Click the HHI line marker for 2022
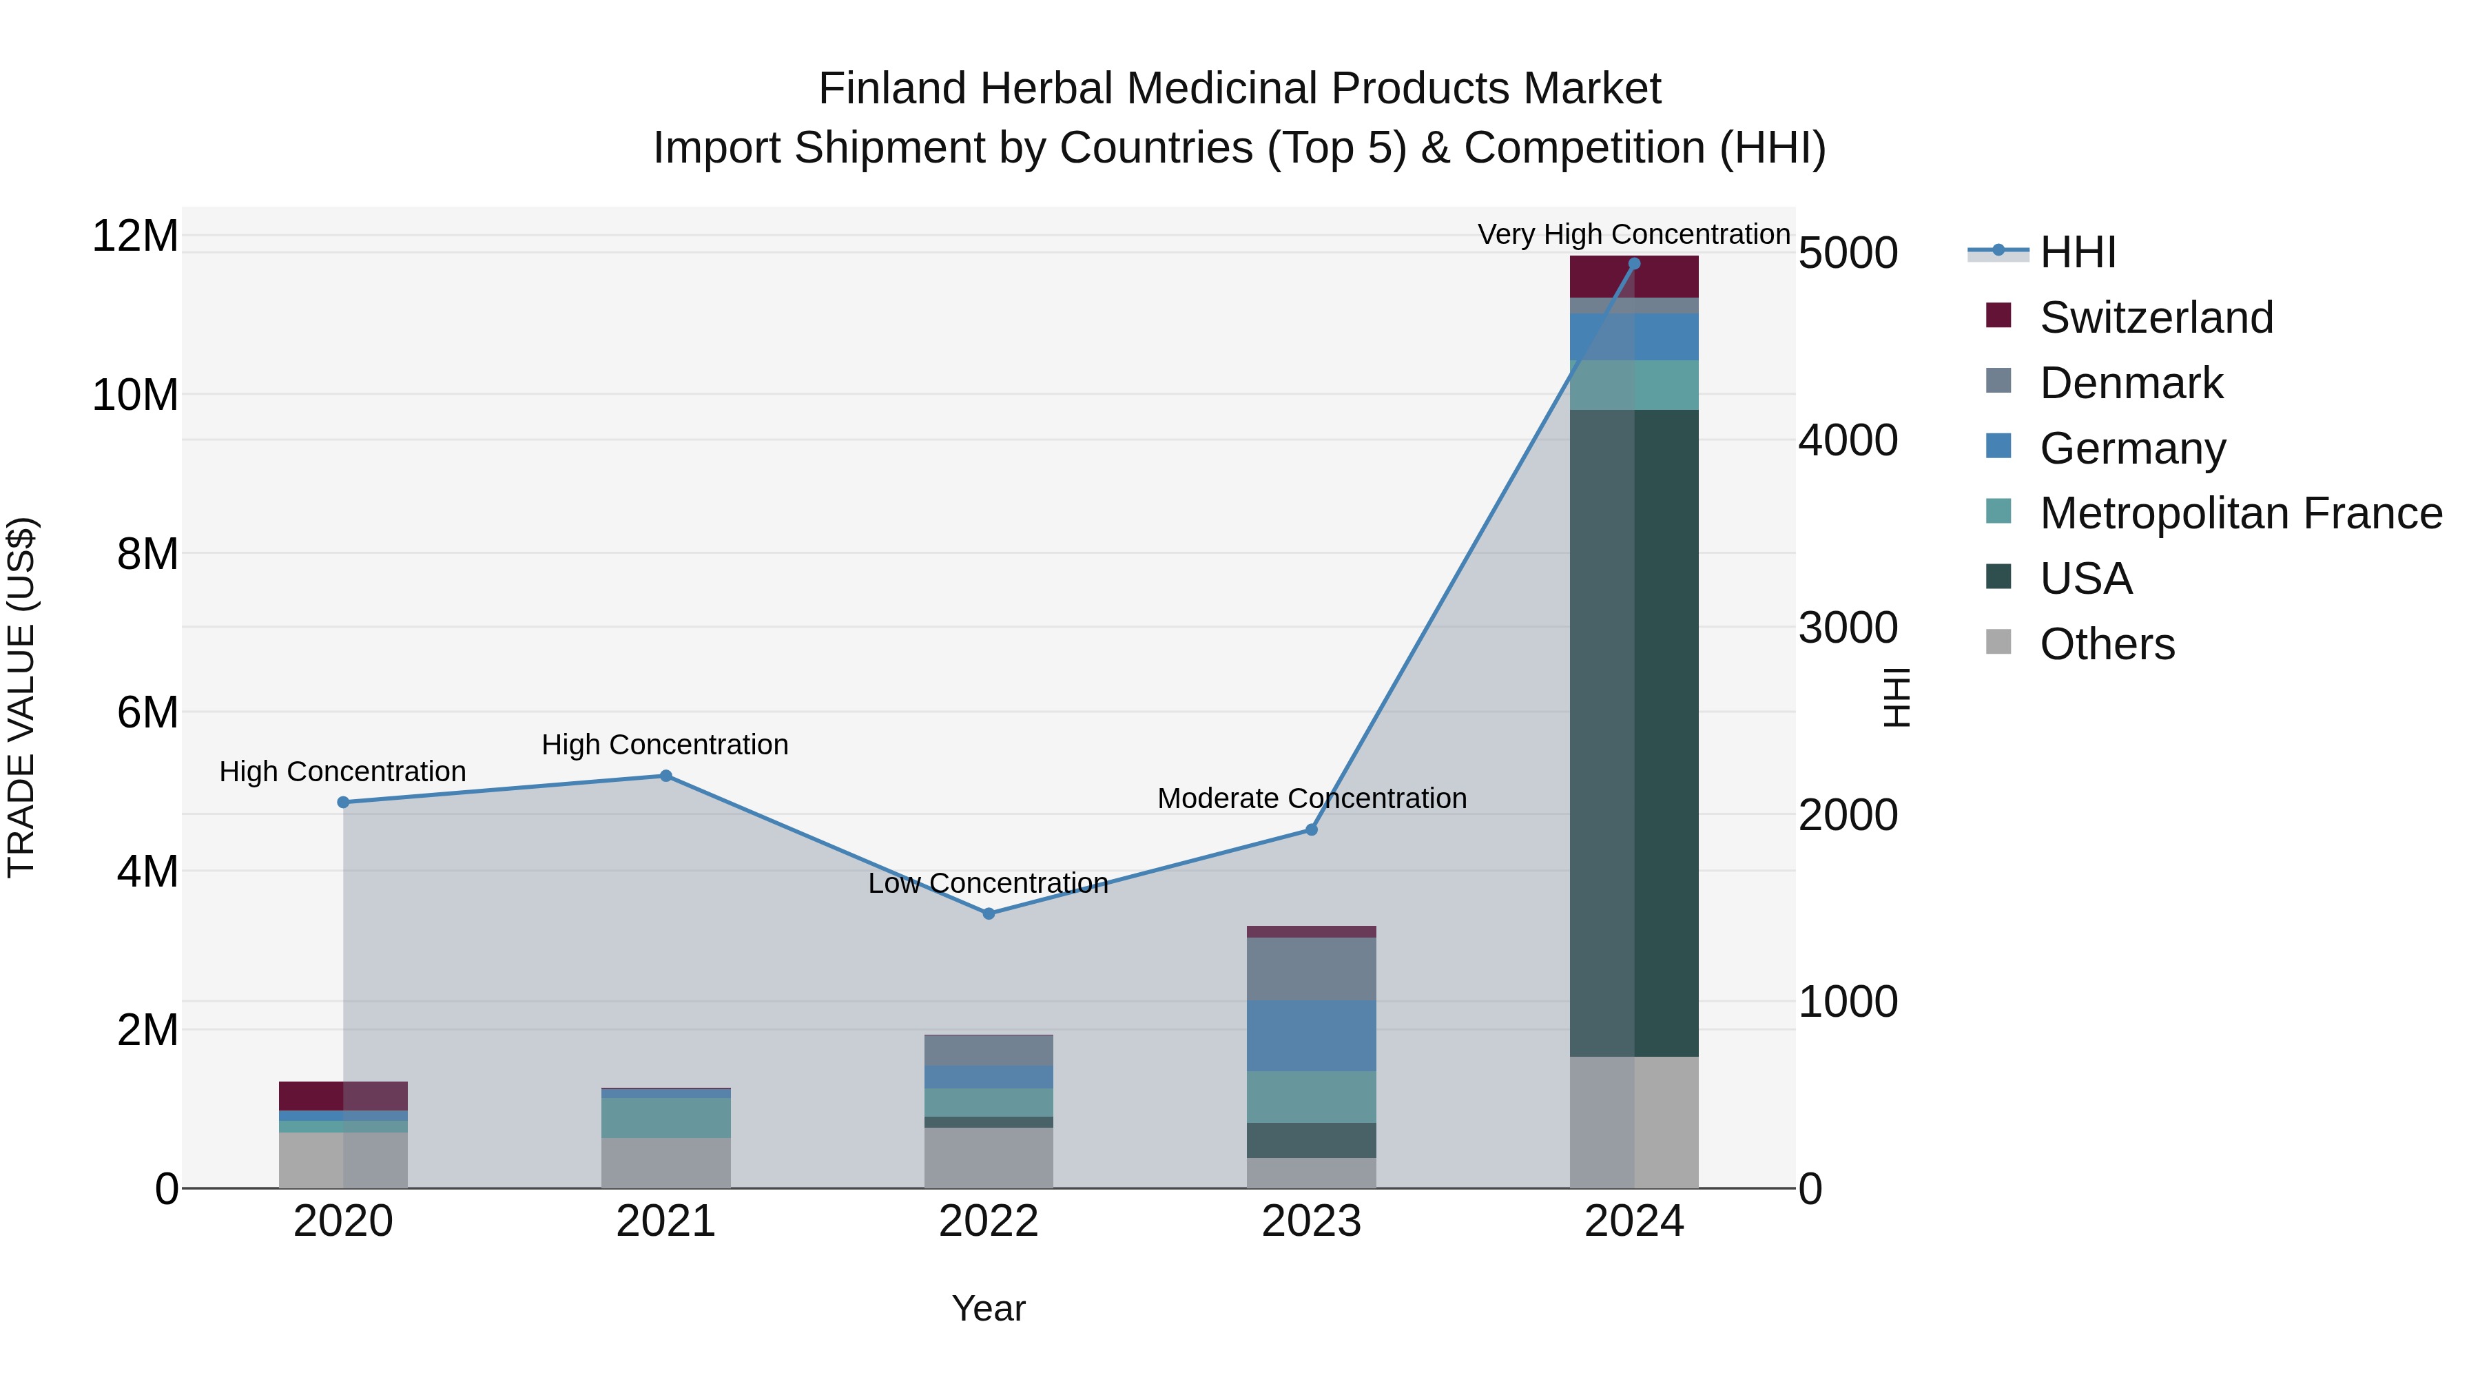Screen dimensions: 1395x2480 coord(989,913)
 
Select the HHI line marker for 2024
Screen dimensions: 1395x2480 coord(1634,264)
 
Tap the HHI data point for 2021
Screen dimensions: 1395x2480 coord(665,776)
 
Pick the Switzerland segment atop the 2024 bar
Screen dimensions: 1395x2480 coord(1634,277)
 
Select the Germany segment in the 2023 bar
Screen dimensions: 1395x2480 coord(1311,1036)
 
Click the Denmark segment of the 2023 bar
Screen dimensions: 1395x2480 coord(1311,969)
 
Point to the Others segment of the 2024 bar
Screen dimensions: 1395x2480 coord(1634,1123)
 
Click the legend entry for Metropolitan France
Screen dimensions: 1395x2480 coord(2240,513)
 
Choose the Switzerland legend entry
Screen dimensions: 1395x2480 coord(2156,318)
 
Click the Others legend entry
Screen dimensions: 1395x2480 coord(2107,644)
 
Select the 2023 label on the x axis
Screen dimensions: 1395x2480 coord(1311,1221)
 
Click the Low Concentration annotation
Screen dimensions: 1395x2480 coord(988,883)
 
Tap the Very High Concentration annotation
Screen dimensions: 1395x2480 coord(1634,234)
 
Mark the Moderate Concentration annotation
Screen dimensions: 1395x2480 coord(1311,798)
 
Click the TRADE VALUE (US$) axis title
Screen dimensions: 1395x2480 coord(21,697)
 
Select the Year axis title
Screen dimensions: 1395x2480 coord(989,1308)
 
